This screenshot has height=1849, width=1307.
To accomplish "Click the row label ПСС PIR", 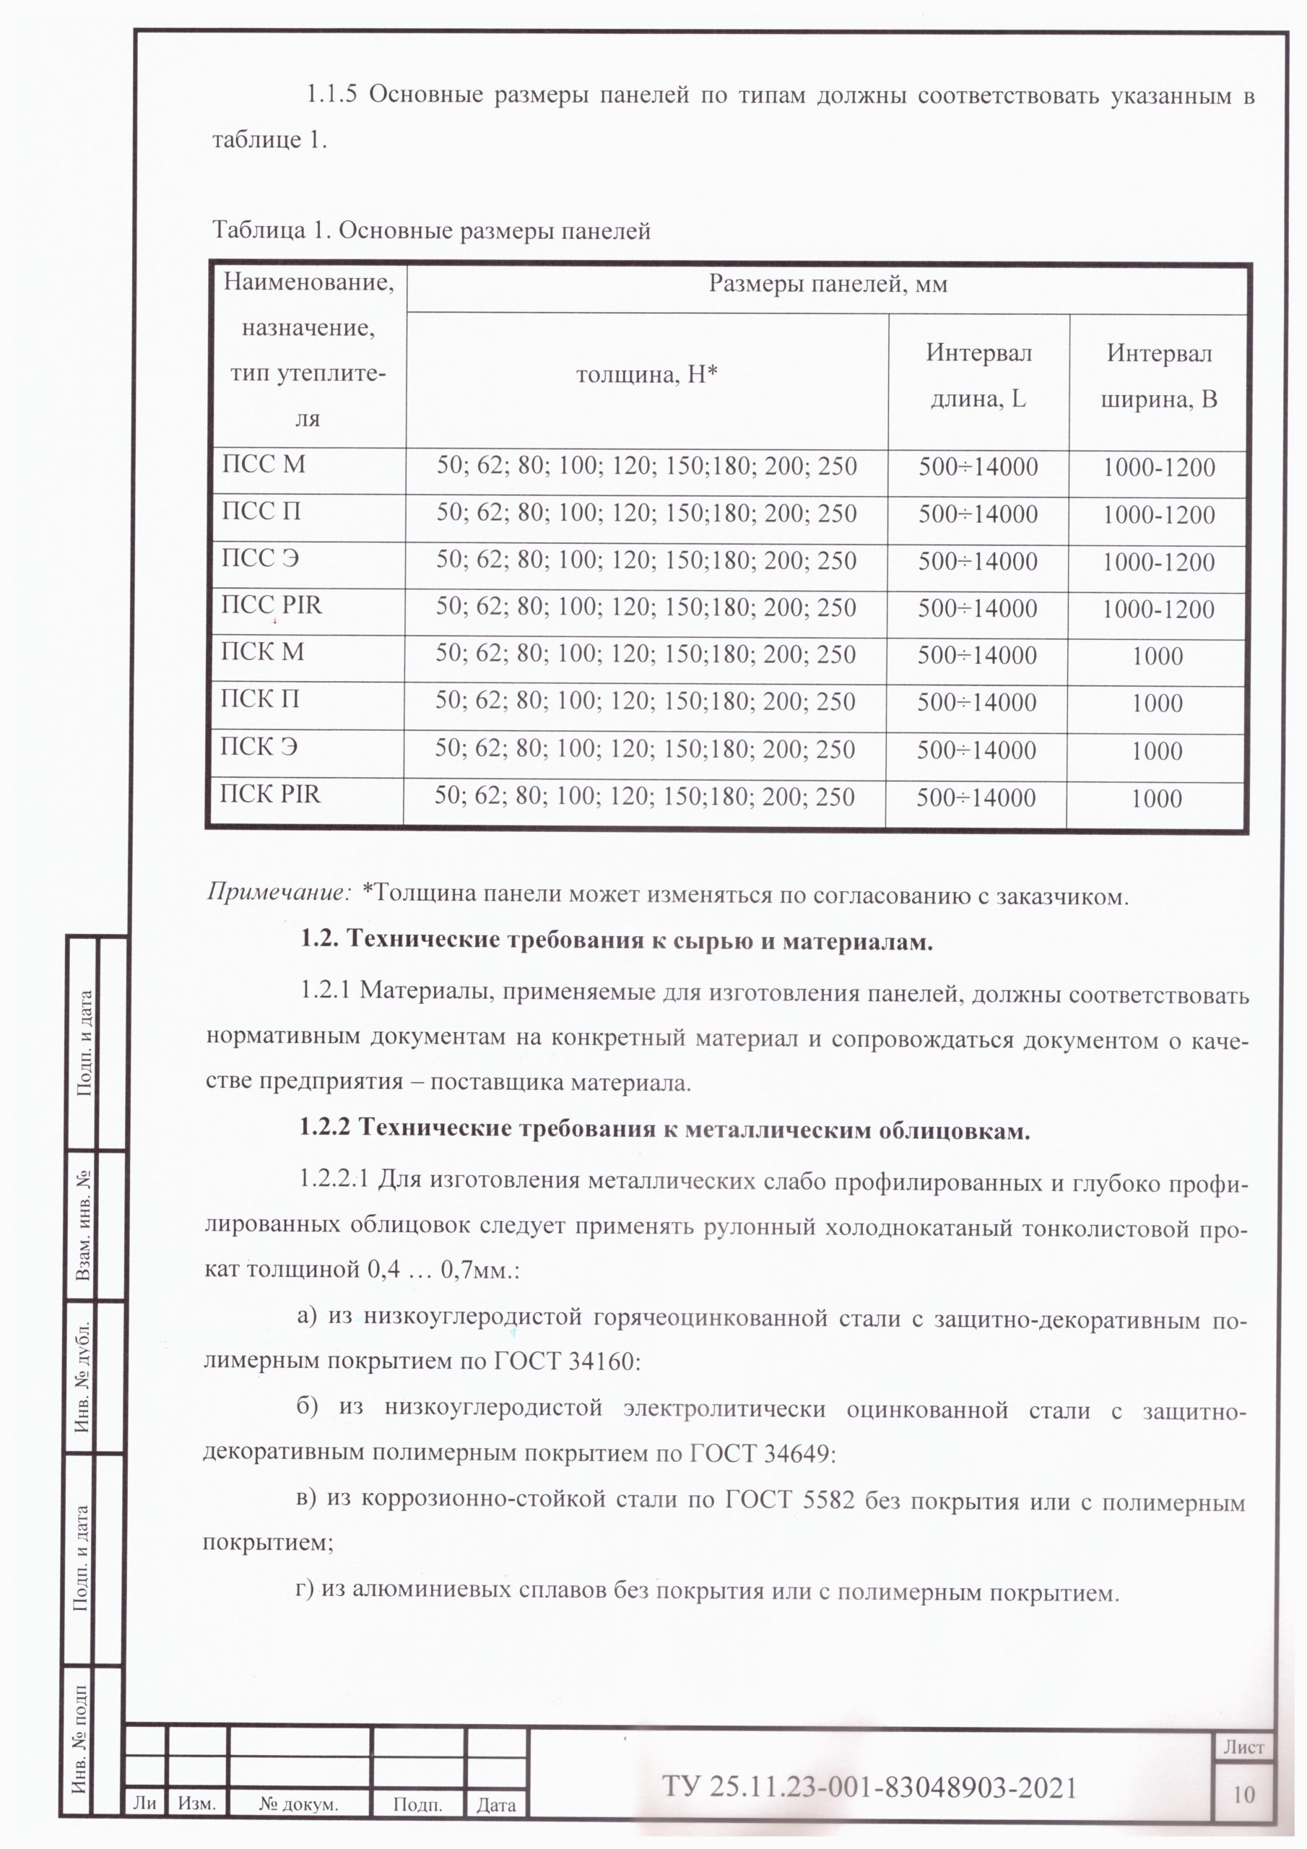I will (x=272, y=605).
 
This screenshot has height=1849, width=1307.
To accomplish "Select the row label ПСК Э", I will (x=259, y=747).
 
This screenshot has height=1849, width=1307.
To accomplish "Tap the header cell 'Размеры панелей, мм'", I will (x=827, y=285).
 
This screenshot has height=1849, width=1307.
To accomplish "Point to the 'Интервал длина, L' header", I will (x=978, y=376).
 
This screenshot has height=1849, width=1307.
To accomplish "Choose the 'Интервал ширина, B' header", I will (x=1159, y=376).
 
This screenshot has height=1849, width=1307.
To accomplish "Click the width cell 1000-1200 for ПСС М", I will (x=1159, y=468).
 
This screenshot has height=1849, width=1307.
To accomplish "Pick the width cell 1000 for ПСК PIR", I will (x=1156, y=799).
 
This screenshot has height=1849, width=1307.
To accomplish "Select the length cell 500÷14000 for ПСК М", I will (x=977, y=656).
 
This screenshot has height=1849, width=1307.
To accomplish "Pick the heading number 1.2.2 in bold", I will (x=324, y=1128).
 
